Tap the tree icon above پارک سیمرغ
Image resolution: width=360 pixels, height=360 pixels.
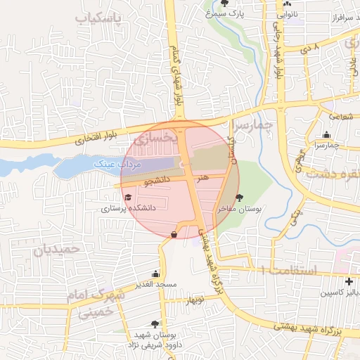click(224, 4)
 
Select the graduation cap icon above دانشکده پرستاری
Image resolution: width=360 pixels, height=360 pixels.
click(127, 198)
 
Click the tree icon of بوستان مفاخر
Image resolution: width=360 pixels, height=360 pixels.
click(240, 198)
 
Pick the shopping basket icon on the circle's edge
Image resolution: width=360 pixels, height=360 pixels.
click(174, 234)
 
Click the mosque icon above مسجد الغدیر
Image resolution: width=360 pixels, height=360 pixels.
click(155, 274)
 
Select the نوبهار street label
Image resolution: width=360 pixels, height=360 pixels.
click(194, 301)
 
